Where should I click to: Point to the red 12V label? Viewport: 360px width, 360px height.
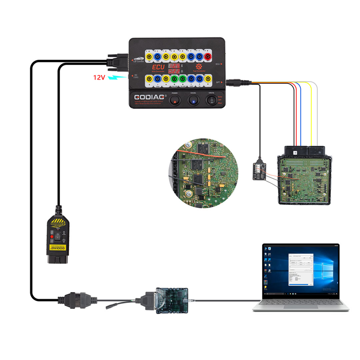pos(99,77)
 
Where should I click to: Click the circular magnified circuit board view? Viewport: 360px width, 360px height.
pos(203,174)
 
